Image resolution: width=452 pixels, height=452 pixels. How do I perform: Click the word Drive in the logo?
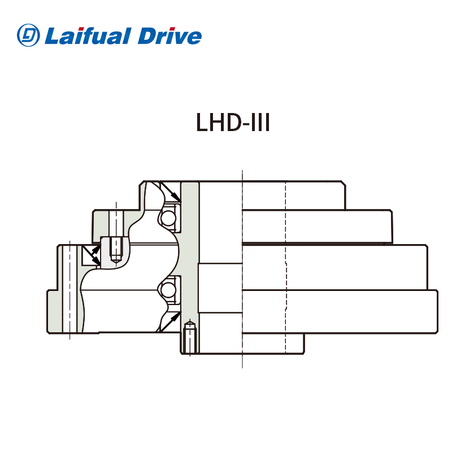(169, 36)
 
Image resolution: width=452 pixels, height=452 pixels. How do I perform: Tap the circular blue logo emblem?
(28, 36)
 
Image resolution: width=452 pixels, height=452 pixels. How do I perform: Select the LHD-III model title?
(233, 123)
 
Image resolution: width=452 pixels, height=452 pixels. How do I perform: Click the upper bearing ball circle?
(167, 218)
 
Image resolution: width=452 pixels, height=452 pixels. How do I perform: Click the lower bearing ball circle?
(167, 289)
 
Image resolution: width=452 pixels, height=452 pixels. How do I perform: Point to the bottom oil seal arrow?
(169, 321)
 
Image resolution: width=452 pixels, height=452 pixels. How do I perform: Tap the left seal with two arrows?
(91, 255)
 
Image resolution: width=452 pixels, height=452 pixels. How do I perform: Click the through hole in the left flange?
(69, 288)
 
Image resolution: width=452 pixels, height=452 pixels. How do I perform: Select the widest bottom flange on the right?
(339, 311)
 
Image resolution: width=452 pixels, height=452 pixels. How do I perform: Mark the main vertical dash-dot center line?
(242, 271)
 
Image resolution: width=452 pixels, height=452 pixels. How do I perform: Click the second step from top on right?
(316, 226)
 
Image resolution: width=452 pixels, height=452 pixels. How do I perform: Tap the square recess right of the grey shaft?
(220, 288)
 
